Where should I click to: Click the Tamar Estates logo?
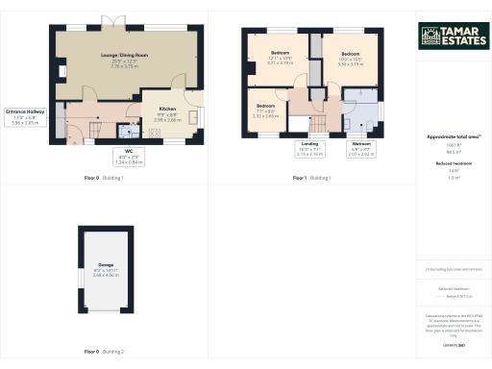(x=452, y=37)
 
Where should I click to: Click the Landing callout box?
(x=309, y=150)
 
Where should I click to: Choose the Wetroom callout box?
(x=359, y=150)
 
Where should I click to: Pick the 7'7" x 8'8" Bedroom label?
(x=266, y=111)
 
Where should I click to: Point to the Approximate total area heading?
(x=452, y=137)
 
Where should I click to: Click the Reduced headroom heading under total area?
(x=452, y=165)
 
